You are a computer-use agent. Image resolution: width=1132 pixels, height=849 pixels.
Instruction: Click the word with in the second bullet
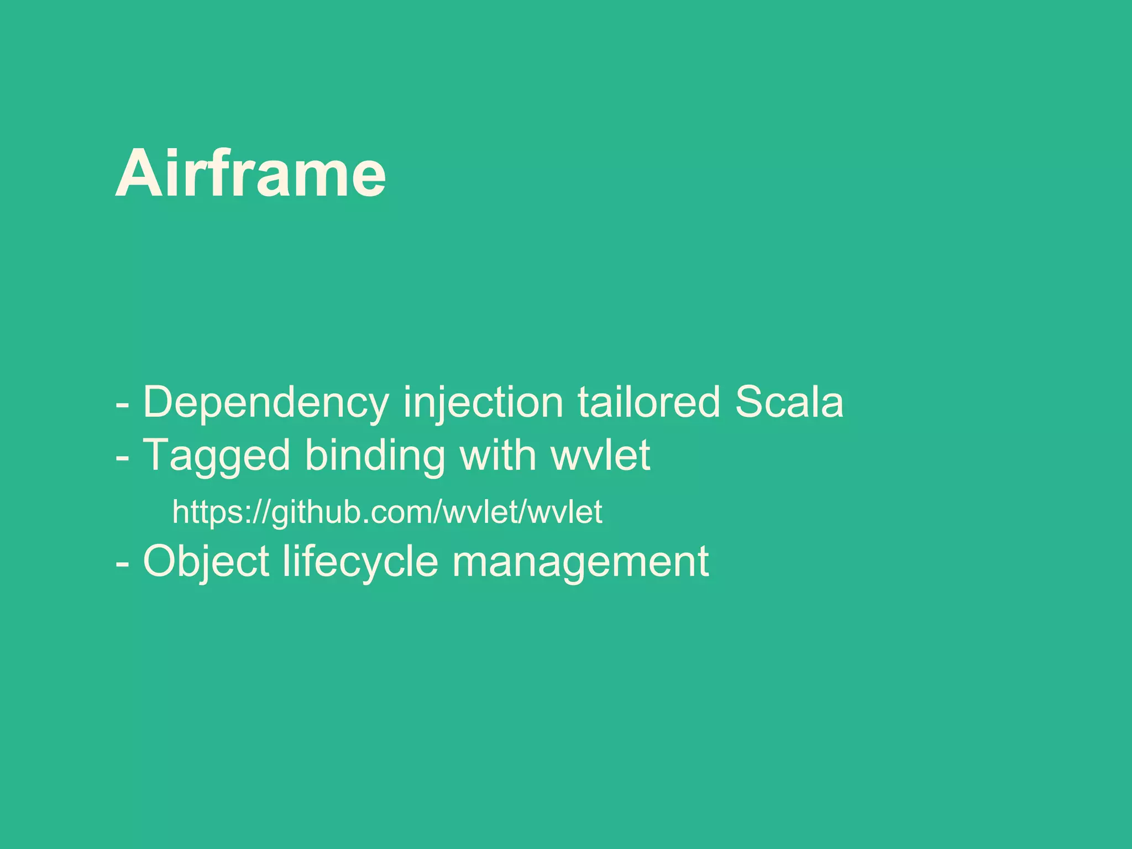click(x=498, y=455)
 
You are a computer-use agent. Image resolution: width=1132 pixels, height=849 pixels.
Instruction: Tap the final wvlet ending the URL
click(x=565, y=511)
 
